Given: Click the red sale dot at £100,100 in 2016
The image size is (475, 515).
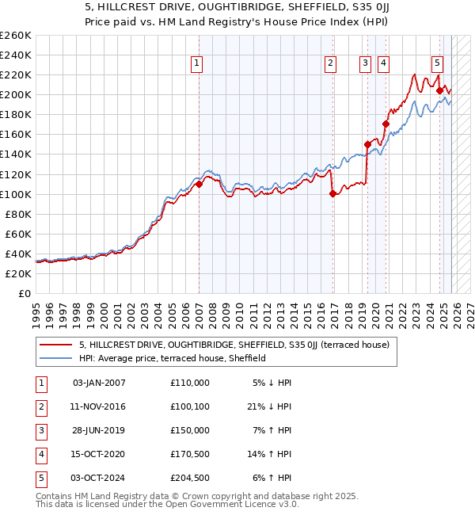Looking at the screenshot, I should point(332,194).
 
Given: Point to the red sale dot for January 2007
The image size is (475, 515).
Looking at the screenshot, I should point(199,184).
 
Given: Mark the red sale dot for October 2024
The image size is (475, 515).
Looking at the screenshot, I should point(439,90).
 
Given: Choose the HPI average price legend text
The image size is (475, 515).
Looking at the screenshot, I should point(172,358).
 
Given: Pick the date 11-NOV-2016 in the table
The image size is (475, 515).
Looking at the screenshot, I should point(98,406).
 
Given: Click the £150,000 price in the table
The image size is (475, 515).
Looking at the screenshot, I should point(190,430).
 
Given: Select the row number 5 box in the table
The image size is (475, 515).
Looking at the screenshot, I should point(40,478).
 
